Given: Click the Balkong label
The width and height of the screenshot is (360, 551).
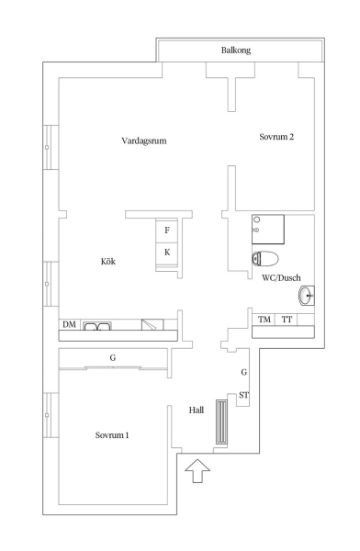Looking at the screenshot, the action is [236, 51].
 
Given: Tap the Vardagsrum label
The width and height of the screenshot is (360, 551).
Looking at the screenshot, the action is [144, 141].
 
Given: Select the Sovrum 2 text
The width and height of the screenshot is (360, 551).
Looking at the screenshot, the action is [276, 137].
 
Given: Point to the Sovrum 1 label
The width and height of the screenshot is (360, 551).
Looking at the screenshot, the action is [112, 435].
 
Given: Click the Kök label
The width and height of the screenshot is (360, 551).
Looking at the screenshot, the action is [108, 262].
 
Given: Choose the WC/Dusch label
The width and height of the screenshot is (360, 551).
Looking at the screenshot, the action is [281, 277].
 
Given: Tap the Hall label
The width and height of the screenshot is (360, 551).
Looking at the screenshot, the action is [197, 410].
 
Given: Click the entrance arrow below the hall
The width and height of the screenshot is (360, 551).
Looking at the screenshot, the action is [197, 470].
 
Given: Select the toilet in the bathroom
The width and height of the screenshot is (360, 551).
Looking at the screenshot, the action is [265, 259].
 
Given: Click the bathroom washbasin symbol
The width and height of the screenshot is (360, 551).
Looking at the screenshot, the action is [307, 296].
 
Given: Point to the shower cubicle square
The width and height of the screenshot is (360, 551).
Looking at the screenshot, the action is [268, 230].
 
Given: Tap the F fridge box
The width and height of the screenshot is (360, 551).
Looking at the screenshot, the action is [167, 231].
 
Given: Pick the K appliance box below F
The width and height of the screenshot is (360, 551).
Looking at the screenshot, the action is [167, 253].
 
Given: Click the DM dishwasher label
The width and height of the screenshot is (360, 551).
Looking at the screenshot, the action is [69, 324].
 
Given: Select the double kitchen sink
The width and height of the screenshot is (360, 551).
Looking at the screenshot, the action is [97, 326].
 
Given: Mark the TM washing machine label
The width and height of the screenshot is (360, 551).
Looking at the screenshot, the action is [264, 320].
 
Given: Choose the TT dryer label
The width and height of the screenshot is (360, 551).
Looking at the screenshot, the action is [287, 320].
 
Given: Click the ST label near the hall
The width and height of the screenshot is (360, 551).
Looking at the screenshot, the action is [244, 395].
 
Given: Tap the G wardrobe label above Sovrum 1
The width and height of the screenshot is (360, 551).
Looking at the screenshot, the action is [113, 358].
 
